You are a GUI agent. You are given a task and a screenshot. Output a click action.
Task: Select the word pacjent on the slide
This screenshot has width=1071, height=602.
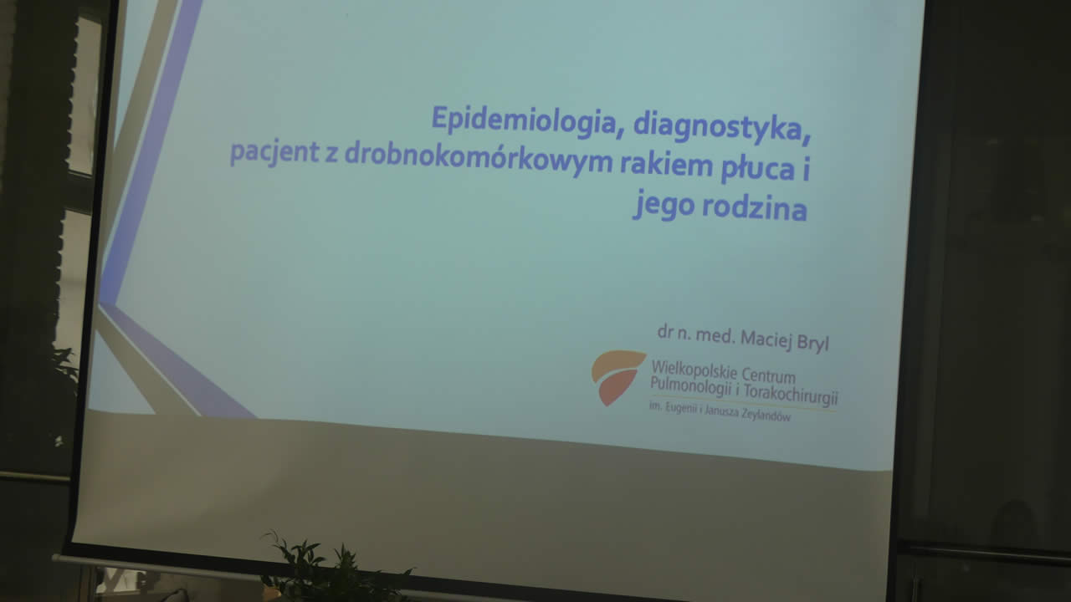[274, 152]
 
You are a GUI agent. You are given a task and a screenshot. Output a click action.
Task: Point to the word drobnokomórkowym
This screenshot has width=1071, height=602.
[479, 159]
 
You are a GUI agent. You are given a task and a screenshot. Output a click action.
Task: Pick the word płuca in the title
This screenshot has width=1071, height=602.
[758, 168]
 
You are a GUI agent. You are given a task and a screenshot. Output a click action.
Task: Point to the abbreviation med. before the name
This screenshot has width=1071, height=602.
[715, 336]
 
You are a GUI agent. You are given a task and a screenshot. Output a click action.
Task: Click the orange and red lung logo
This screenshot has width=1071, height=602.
[617, 376]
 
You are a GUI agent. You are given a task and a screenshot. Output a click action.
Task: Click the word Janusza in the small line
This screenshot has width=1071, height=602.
[720, 412]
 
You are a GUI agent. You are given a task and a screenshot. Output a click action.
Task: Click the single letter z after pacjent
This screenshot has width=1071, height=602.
[332, 156]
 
